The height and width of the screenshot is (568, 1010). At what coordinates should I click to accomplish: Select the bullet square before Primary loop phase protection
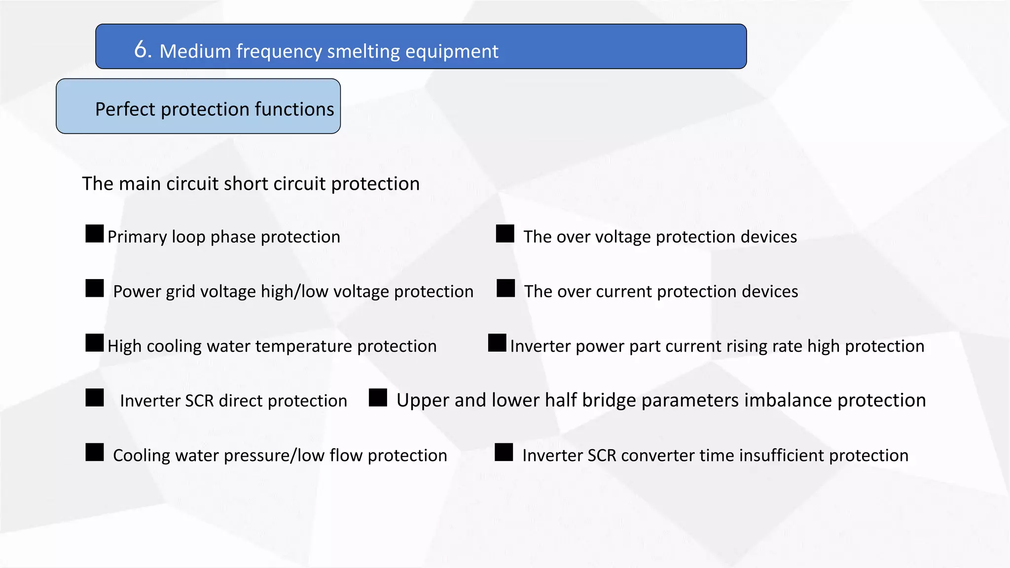click(95, 234)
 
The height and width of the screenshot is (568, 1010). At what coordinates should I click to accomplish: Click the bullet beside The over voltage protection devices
click(505, 234)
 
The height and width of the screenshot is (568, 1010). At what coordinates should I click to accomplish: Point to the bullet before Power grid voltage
click(95, 288)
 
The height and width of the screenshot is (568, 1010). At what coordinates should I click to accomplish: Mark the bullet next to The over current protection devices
click(505, 288)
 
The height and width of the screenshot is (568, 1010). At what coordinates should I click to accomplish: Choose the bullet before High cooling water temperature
click(95, 343)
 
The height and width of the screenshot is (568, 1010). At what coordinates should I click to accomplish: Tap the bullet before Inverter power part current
click(497, 343)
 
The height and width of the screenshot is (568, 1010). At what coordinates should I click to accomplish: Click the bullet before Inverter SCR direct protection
click(95, 398)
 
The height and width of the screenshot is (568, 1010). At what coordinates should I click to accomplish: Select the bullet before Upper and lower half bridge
click(378, 398)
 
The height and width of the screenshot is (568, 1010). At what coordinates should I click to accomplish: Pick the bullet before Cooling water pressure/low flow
click(95, 453)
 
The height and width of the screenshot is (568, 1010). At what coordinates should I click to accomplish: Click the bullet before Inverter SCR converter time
click(504, 453)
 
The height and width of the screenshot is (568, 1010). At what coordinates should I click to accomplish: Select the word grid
click(179, 292)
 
